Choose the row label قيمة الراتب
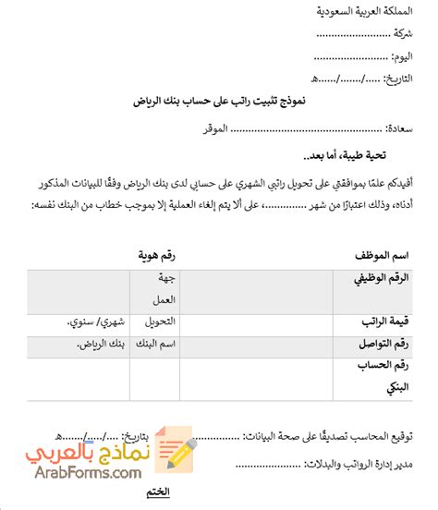tap(381, 322)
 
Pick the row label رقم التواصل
tap(380, 345)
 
